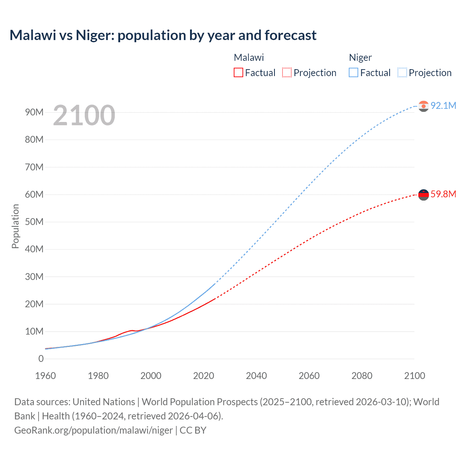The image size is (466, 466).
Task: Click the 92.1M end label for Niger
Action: (x=443, y=106)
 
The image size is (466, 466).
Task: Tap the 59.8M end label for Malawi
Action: (x=443, y=194)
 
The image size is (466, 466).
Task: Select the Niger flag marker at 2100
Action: (x=423, y=106)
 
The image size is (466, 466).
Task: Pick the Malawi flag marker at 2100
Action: (x=423, y=195)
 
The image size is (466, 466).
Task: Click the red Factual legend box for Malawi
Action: (x=238, y=73)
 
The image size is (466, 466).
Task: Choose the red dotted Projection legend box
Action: (x=287, y=73)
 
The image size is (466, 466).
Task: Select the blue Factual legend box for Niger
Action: (x=353, y=73)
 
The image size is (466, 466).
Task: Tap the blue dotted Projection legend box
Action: (x=402, y=73)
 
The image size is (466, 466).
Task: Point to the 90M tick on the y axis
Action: (x=34, y=112)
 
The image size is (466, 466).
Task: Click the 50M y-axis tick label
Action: (x=34, y=222)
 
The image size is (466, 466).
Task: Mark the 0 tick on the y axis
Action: (x=41, y=359)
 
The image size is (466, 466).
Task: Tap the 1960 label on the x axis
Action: (x=46, y=376)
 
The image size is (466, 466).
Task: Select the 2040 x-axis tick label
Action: (x=256, y=376)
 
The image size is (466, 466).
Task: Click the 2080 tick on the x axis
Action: (x=362, y=376)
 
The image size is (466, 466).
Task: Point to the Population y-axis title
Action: (x=15, y=226)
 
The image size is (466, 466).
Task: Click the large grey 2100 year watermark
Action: (x=84, y=115)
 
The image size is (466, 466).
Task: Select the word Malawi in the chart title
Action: (x=33, y=35)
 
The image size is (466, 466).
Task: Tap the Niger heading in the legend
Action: (x=360, y=58)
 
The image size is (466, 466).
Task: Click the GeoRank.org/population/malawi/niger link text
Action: (x=94, y=430)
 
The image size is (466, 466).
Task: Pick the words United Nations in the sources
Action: (x=104, y=402)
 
